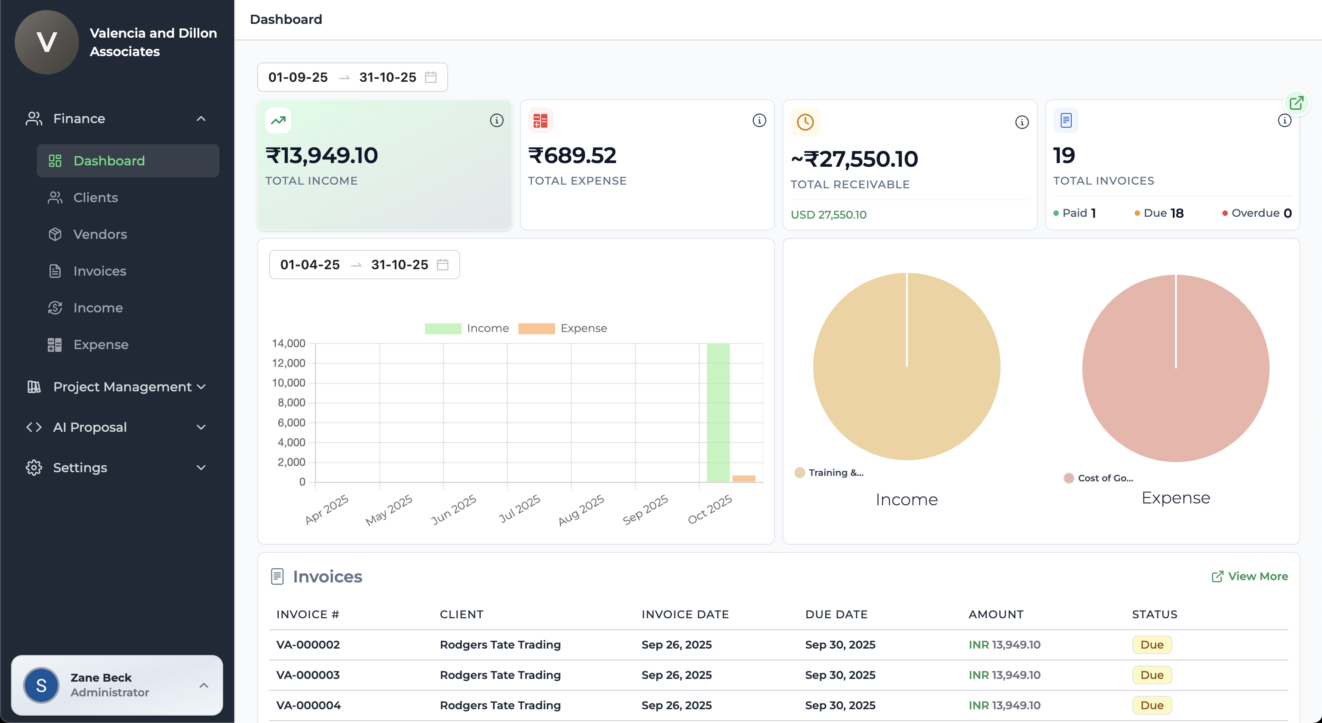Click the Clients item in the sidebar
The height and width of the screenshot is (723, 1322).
click(x=96, y=198)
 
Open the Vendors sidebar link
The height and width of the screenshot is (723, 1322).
click(x=100, y=234)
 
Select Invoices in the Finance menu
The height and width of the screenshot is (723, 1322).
click(x=100, y=271)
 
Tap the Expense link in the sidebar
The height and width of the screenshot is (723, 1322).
click(x=101, y=345)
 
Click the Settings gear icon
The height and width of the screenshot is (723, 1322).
click(x=34, y=468)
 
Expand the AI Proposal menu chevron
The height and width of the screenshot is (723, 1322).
click(x=201, y=427)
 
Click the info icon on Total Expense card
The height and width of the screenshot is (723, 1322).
click(x=759, y=120)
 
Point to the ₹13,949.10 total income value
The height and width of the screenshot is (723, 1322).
click(x=322, y=156)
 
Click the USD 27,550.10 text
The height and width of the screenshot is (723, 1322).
click(x=828, y=215)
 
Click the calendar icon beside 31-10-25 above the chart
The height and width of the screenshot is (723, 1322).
click(x=442, y=265)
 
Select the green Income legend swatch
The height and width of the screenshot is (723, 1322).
click(x=442, y=328)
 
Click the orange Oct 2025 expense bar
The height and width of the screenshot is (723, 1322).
click(x=743, y=479)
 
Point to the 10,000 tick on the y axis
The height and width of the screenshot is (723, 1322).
click(x=288, y=383)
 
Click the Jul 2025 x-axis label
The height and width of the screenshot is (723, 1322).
click(x=519, y=508)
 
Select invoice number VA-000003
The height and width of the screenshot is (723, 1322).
click(x=308, y=675)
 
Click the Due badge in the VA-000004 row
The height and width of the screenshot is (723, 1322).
click(x=1152, y=705)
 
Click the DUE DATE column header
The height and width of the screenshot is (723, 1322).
click(x=836, y=614)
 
